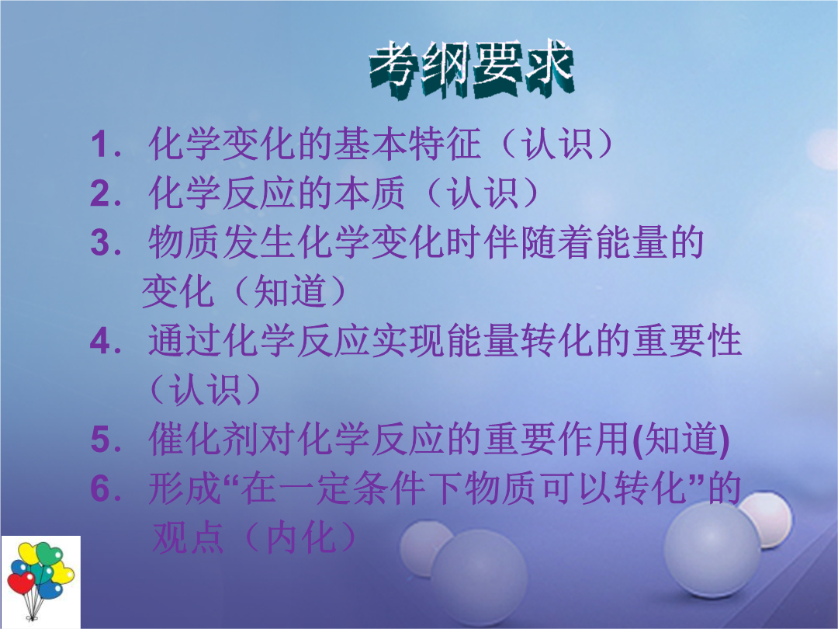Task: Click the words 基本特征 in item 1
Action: point(408,144)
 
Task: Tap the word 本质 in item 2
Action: point(370,193)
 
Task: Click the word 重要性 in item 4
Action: point(687,341)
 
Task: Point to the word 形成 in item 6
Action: point(185,488)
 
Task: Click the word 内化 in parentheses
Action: point(302,537)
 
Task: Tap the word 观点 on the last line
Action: point(188,537)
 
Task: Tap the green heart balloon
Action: point(49,554)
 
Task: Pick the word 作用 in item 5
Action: point(593,440)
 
